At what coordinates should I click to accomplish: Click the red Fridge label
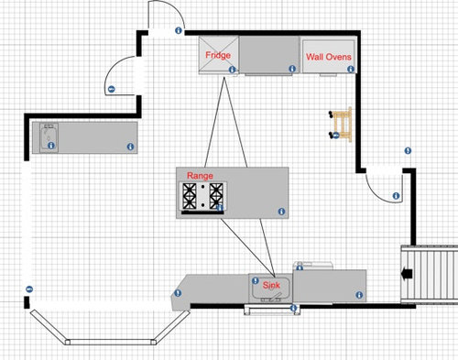[217, 56]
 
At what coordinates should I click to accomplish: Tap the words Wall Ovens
[328, 57]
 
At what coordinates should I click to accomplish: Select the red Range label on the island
[200, 174]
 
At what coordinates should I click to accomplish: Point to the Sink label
[273, 286]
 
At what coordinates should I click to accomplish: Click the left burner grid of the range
[190, 197]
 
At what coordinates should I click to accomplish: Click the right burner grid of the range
[216, 197]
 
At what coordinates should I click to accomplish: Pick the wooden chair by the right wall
[341, 124]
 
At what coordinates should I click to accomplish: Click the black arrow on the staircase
[407, 272]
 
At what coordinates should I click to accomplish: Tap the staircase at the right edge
[431, 274]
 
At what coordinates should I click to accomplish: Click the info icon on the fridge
[234, 70]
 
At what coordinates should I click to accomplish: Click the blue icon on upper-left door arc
[111, 89]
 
